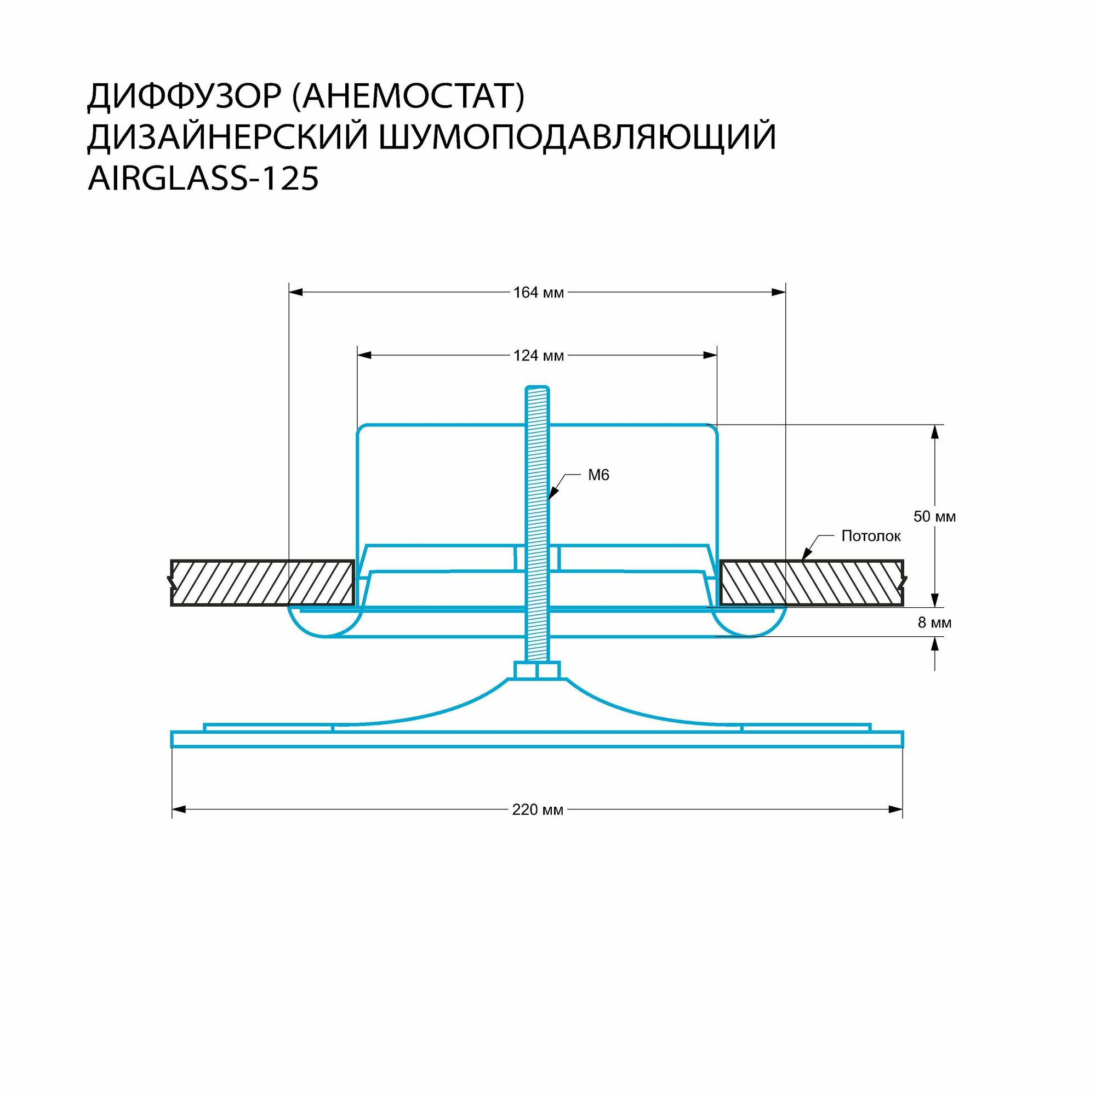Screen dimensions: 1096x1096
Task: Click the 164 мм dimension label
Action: [538, 293]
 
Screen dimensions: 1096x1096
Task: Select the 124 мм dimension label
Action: [538, 356]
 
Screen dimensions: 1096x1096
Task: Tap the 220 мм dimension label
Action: [538, 809]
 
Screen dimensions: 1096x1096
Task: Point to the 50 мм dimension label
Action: [934, 516]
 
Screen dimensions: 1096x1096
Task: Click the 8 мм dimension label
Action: [934, 623]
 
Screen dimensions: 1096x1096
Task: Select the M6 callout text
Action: [598, 475]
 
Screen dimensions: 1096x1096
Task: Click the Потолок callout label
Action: [871, 536]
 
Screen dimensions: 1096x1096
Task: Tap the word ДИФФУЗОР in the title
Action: [184, 96]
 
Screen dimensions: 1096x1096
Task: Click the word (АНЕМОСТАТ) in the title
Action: [408, 96]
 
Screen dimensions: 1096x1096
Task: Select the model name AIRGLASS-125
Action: [203, 179]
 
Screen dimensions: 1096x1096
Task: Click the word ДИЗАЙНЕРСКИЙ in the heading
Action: [227, 138]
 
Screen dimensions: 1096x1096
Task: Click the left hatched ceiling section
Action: [262, 583]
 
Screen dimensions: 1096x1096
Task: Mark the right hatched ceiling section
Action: [811, 583]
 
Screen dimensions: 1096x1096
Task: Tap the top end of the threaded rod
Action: [536, 390]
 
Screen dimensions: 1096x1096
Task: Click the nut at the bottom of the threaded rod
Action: [536, 671]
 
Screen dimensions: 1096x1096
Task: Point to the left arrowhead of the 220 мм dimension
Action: [179, 809]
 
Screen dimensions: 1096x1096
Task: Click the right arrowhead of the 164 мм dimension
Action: [778, 292]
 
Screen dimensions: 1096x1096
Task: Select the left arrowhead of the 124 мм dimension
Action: [365, 355]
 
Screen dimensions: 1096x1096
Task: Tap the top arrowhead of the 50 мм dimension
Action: [935, 432]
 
